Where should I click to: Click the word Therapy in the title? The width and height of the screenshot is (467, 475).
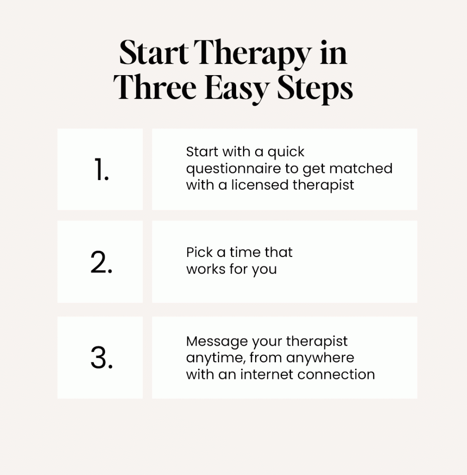point(253,53)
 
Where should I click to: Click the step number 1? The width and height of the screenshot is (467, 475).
point(101,169)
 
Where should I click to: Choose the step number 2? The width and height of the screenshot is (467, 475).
point(101,262)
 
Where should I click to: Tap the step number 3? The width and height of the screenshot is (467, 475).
point(102,358)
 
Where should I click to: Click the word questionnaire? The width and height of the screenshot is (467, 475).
point(233,169)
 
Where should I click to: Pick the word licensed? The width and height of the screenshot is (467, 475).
point(259,185)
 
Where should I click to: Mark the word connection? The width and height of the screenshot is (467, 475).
point(336,374)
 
